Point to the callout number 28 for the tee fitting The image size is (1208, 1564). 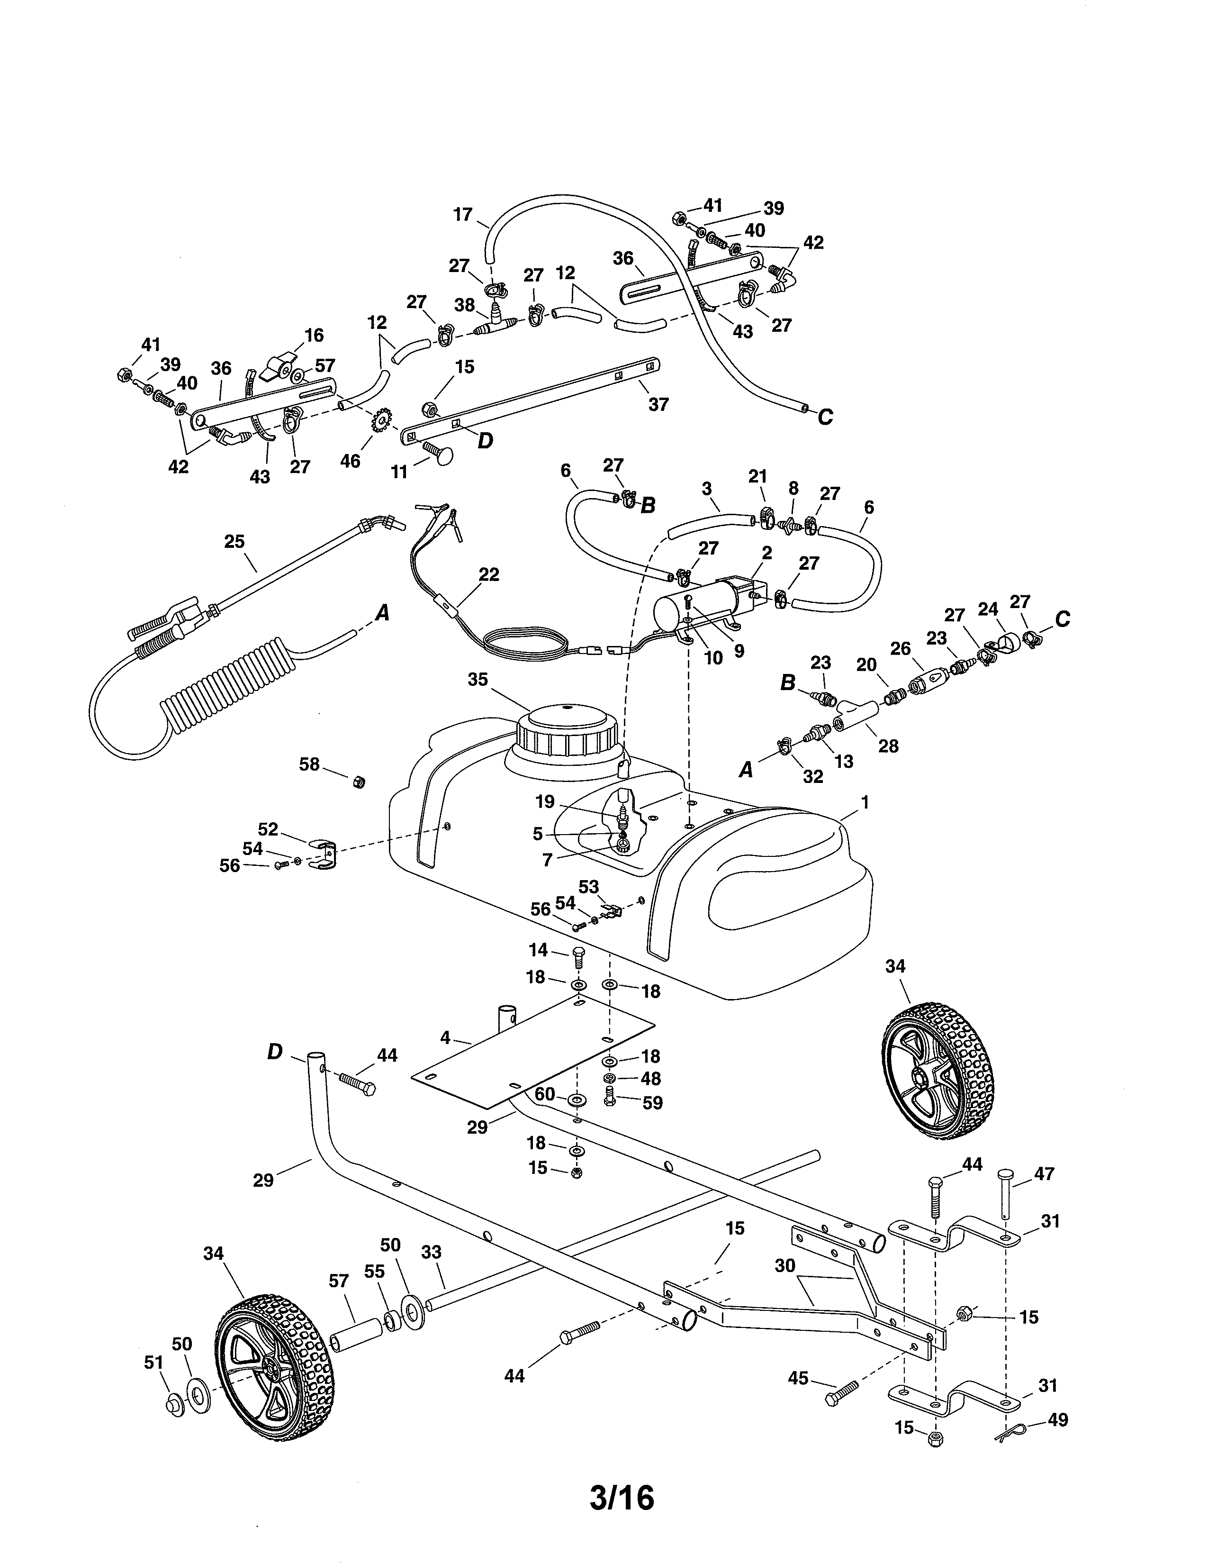(x=888, y=746)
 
